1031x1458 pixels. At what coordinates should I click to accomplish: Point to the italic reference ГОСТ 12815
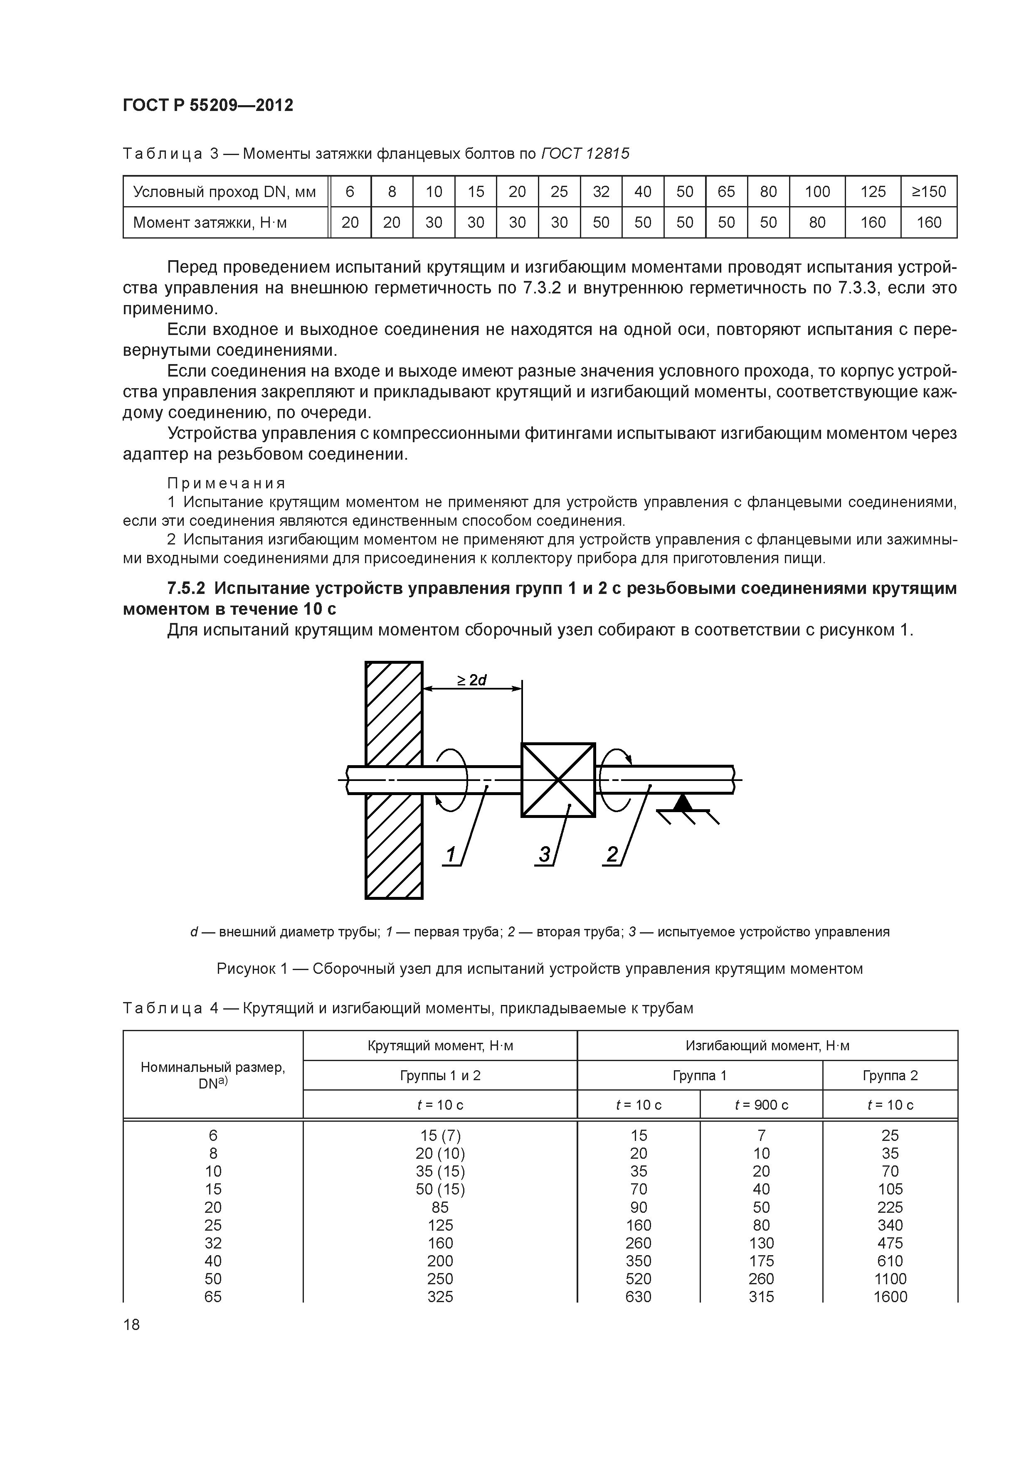pos(585,154)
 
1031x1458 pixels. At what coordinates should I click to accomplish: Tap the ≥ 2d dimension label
pos(471,680)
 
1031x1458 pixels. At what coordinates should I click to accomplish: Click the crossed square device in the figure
pos(558,780)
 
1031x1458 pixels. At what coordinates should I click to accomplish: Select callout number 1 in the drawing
pos(451,855)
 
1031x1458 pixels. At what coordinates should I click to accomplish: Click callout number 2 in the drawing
pos(612,855)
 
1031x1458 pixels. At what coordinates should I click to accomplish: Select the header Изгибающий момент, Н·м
pos(767,1045)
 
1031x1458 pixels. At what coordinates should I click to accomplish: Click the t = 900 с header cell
pos(761,1105)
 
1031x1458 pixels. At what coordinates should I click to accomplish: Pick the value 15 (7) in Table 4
pos(439,1135)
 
